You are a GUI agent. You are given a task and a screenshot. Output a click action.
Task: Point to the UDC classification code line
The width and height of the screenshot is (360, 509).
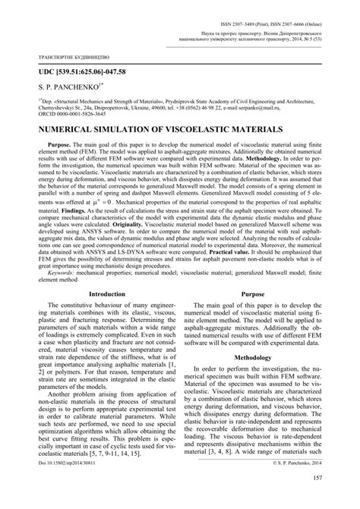[x=63, y=72]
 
